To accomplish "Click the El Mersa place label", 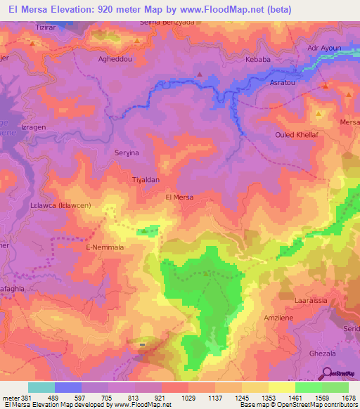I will [x=178, y=197].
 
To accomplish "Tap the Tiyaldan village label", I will [x=147, y=179].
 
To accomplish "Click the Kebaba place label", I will [x=257, y=60].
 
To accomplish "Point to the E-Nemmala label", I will [x=104, y=248].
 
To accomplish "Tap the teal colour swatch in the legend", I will [x=41, y=387].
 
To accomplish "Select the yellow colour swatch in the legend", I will [x=282, y=387].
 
